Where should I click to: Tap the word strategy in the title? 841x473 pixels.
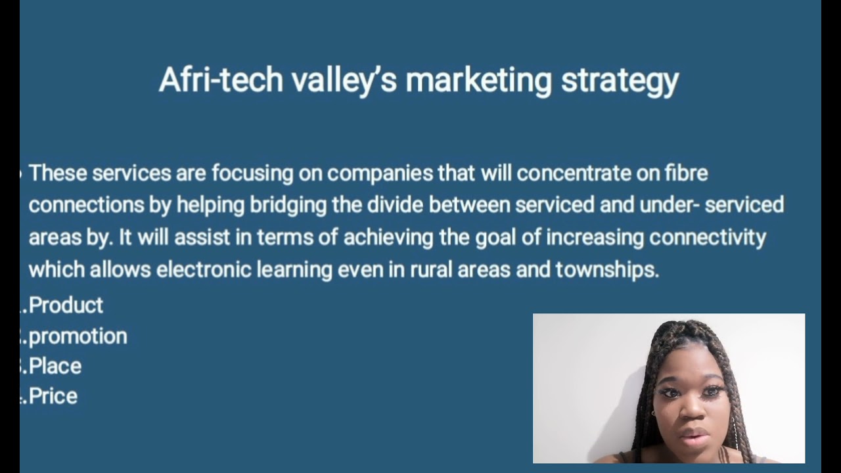point(619,80)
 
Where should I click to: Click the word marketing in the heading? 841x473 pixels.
point(478,80)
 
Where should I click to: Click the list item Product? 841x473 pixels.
point(66,305)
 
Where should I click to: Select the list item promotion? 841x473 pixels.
point(78,336)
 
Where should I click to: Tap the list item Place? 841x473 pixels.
point(55,367)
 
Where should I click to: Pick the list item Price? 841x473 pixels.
point(53,396)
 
